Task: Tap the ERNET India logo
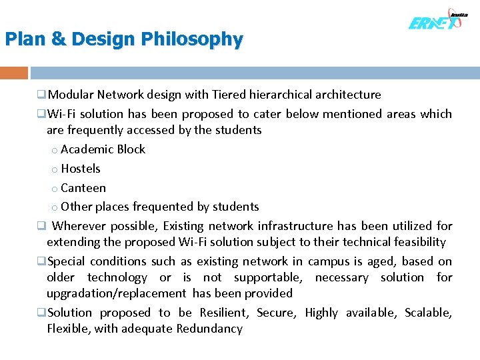point(437,21)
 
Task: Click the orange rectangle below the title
point(14,73)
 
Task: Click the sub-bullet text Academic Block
point(103,149)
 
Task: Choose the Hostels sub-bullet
point(80,169)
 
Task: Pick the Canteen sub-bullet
point(83,188)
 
